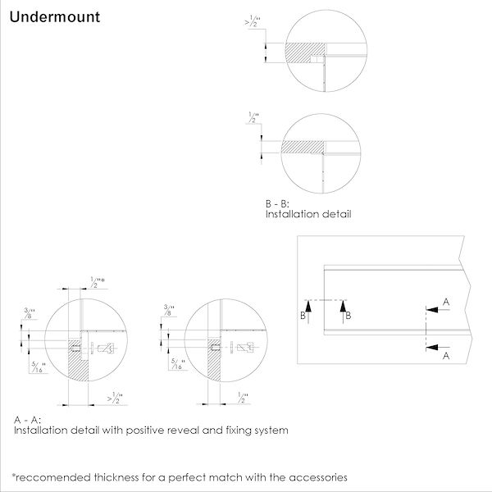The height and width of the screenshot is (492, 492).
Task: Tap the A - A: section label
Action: pos(27,420)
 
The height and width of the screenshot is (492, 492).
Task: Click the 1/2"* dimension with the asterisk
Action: pos(98,282)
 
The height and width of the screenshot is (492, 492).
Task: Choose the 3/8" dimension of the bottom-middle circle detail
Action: pos(168,309)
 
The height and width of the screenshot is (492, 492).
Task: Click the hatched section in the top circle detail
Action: pos(302,53)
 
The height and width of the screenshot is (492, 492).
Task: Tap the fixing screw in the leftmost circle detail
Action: pos(103,348)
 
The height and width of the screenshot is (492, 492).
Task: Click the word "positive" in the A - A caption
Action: pos(152,430)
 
